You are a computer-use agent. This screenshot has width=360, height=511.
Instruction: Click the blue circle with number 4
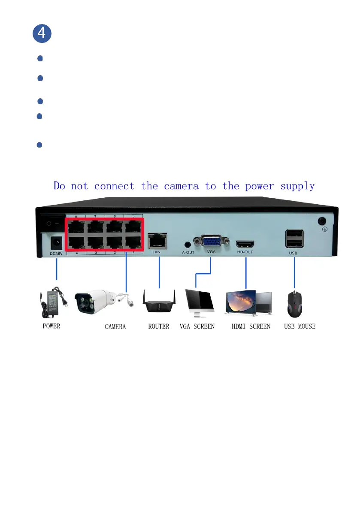pyautogui.click(x=42, y=33)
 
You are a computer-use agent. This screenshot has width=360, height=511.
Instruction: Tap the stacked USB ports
pyautogui.click(x=294, y=239)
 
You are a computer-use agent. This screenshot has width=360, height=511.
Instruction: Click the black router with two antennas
pyautogui.click(x=159, y=302)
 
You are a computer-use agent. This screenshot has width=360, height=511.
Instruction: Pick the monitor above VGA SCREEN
pyautogui.click(x=200, y=303)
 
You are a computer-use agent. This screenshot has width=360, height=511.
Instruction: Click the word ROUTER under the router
pyautogui.click(x=159, y=327)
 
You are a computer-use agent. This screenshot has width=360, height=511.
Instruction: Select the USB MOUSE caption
pyautogui.click(x=299, y=327)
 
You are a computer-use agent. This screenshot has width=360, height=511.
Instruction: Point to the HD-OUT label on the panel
pyautogui.click(x=245, y=252)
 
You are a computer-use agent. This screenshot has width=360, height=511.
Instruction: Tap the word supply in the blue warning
pyautogui.click(x=297, y=187)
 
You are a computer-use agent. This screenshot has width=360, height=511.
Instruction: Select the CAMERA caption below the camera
pyautogui.click(x=115, y=327)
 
